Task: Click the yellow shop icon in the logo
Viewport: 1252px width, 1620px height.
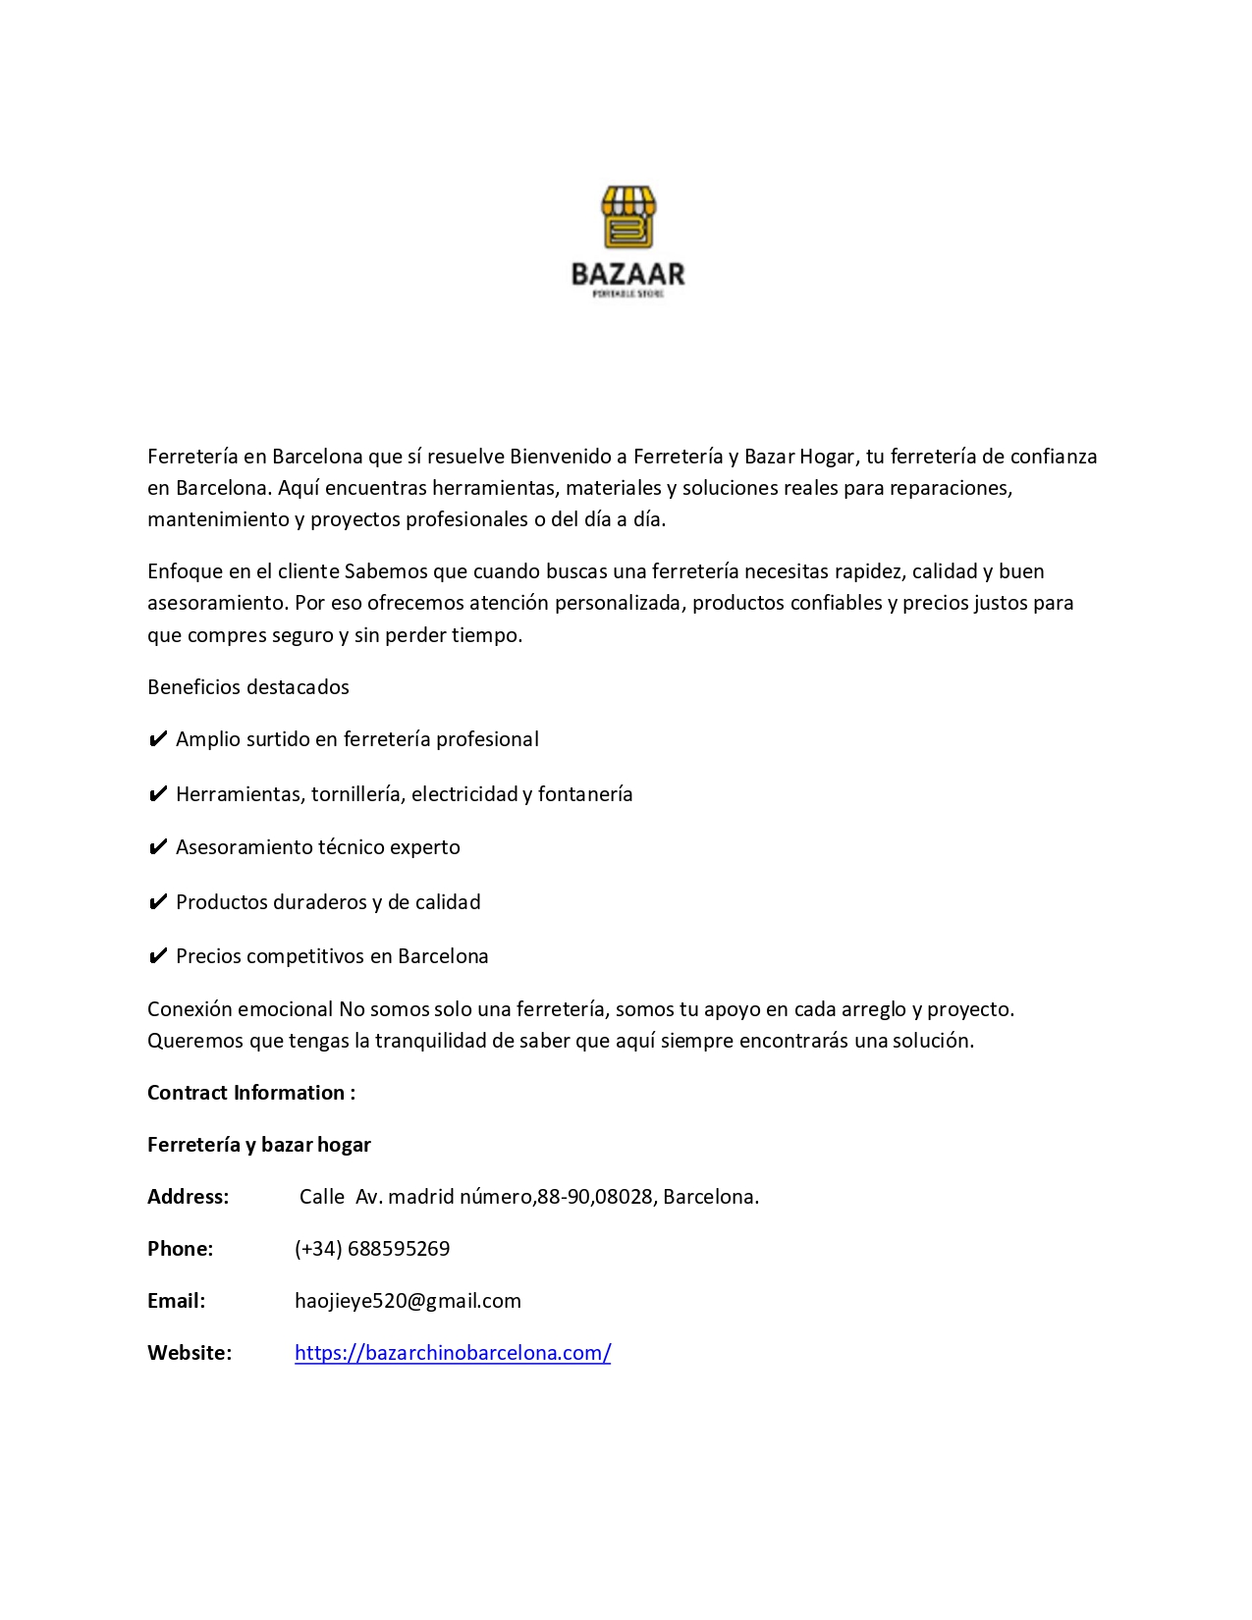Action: click(628, 217)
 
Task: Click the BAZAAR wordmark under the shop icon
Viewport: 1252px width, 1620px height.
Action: click(628, 274)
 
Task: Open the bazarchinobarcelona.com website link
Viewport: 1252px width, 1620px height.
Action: click(453, 1353)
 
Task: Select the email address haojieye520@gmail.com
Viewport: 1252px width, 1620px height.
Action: click(408, 1301)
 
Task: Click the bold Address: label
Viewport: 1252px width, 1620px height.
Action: click(188, 1197)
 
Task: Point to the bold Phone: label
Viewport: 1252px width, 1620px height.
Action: click(180, 1249)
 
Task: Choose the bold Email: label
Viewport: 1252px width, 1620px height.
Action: click(177, 1301)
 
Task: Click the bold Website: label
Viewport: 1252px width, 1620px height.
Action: click(190, 1353)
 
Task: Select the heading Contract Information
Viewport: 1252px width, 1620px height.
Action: click(250, 1093)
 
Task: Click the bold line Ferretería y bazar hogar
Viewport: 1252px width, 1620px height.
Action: click(259, 1145)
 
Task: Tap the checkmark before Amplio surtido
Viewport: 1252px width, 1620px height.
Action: click(157, 739)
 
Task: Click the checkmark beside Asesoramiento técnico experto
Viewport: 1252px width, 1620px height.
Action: click(157, 847)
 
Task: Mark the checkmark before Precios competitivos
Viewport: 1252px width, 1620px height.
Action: click(157, 956)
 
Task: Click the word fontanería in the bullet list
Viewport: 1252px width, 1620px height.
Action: click(585, 794)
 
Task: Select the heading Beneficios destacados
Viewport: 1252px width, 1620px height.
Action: click(248, 687)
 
